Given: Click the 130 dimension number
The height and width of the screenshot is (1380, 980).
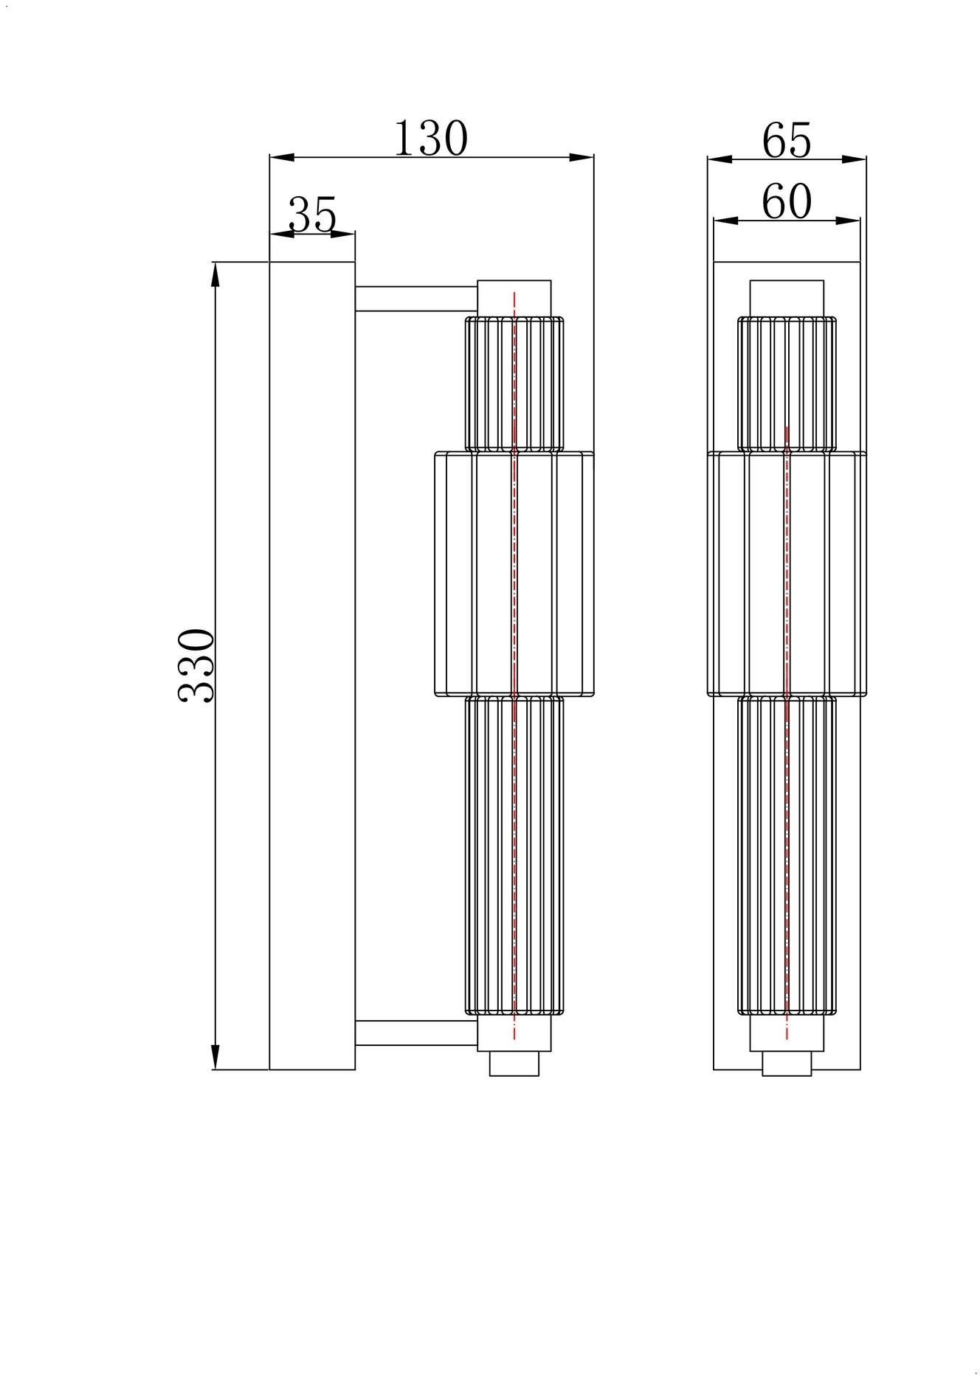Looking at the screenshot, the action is click(431, 138).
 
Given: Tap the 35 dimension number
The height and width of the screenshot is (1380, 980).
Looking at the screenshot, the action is click(312, 215).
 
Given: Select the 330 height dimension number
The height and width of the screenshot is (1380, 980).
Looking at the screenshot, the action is click(197, 665).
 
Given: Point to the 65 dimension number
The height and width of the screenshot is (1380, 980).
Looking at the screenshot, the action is click(787, 140).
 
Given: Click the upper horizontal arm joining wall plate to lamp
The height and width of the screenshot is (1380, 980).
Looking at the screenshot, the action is click(416, 299).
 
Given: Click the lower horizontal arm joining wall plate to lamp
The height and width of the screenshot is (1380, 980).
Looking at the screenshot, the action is click(416, 1033).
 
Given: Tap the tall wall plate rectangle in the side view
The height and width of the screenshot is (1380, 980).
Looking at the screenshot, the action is click(312, 665).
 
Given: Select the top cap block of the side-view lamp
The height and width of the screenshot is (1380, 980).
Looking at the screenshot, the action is click(514, 299).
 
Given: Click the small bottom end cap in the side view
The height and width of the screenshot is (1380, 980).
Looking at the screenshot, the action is click(514, 1064).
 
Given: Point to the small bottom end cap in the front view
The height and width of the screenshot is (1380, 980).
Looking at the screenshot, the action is click(787, 1064).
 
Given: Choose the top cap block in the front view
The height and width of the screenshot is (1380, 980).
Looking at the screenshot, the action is click(787, 299).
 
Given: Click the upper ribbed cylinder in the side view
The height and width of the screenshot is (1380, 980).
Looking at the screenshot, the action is click(514, 384).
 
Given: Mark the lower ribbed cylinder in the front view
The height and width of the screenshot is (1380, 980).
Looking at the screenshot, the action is click(787, 856).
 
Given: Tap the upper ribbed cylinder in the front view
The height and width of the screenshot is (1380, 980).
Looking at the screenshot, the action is click(787, 384).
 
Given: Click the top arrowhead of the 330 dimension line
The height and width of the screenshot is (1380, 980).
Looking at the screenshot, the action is click(215, 274).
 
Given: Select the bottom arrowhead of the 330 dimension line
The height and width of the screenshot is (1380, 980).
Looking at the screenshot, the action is click(215, 1057).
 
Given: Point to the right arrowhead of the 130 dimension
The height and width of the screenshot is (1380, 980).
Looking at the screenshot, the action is click(582, 157).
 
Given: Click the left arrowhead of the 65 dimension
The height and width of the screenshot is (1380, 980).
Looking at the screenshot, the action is click(720, 159).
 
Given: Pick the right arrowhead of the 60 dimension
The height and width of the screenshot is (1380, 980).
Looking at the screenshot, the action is click(848, 221).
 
